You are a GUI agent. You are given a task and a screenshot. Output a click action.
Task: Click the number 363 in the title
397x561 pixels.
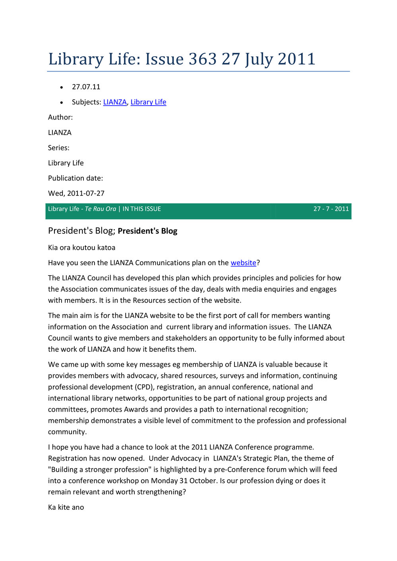click(x=203, y=59)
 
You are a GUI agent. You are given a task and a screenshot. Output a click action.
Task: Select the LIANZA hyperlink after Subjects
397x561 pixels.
click(x=115, y=102)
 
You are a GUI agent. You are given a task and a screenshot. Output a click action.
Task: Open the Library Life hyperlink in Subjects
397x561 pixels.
click(x=148, y=102)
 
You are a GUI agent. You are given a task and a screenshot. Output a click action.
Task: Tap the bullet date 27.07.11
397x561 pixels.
click(x=86, y=87)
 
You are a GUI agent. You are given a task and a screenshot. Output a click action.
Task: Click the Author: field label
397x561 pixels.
click(x=60, y=117)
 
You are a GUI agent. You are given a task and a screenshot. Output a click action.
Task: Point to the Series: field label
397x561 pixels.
click(x=59, y=148)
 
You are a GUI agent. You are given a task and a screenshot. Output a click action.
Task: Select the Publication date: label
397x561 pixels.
click(x=76, y=178)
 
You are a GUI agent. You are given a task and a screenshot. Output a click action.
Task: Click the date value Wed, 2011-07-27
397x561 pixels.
click(x=76, y=193)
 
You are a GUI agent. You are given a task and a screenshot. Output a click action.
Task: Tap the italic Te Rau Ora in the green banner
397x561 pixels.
click(x=101, y=209)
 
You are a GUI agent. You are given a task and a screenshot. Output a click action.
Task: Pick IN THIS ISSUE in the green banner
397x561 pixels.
click(x=142, y=209)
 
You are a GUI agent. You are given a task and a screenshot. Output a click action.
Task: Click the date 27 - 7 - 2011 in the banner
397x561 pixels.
click(x=331, y=209)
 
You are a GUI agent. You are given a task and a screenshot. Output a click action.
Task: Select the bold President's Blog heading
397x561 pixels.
click(x=147, y=231)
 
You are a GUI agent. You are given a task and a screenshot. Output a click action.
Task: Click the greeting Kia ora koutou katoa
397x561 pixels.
click(x=82, y=248)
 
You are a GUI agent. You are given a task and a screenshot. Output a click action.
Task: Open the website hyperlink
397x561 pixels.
click(x=243, y=263)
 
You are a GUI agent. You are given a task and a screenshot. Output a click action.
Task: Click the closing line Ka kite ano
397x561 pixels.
click(x=66, y=507)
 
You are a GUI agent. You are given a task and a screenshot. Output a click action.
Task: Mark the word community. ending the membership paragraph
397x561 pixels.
click(x=67, y=432)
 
